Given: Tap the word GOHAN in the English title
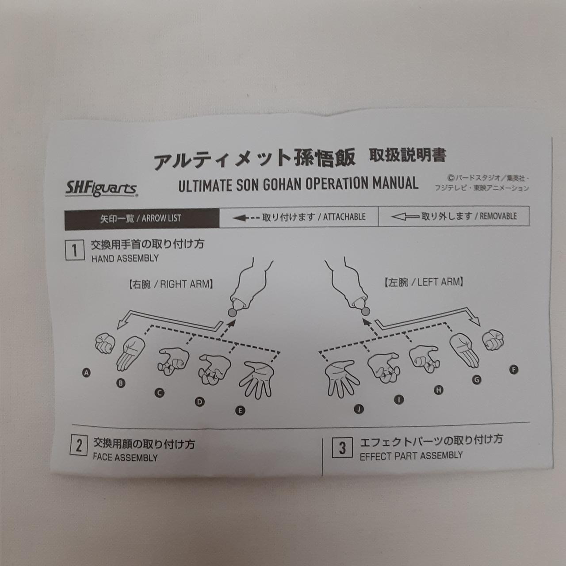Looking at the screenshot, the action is pos(281,184).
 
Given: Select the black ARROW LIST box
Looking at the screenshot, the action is pos(142,219).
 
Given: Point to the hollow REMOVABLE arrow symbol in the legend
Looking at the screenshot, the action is pos(405,217).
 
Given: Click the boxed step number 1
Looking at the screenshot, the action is pos(75,251).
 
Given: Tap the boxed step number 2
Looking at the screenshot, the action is pos(79,446).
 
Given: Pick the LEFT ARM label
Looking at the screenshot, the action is pos(424,283).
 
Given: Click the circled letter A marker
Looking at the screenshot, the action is pos(86,373).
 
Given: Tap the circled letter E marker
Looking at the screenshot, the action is pos(240,411).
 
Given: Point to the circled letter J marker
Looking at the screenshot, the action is pos(359,409).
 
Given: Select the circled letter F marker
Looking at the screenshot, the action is pos(513,370).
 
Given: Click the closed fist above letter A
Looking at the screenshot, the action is pos(105,343).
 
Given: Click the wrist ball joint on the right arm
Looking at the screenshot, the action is pos(232,313).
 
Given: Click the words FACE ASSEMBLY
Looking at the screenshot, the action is pos(125,458).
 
